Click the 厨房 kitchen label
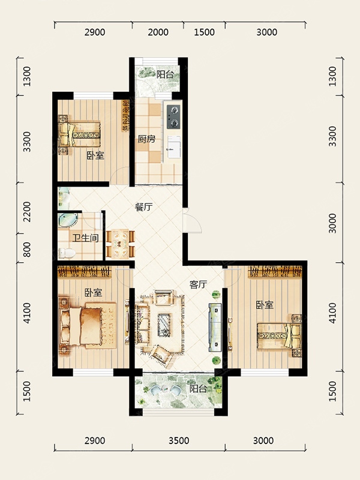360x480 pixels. tap(146, 139)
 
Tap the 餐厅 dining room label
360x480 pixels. tap(143, 207)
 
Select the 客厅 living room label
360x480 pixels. tap(199, 285)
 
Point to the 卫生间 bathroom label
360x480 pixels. tap(86, 238)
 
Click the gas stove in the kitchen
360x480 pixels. tap(173, 116)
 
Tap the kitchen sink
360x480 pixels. tap(174, 147)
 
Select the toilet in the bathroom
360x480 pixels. tap(67, 253)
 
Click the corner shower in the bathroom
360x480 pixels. tap(68, 220)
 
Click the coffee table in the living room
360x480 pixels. tap(164, 325)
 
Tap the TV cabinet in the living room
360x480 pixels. tap(215, 327)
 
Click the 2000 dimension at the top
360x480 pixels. tap(158, 32)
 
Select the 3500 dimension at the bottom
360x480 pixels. tap(179, 441)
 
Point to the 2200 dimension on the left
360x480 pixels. tap(27, 212)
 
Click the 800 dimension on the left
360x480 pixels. tap(27, 249)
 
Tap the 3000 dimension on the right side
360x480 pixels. tap(332, 223)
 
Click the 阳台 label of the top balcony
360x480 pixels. tap(166, 74)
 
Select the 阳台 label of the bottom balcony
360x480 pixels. tap(198, 389)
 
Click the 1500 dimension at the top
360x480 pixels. tap(204, 32)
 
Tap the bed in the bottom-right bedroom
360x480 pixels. tap(279, 336)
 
